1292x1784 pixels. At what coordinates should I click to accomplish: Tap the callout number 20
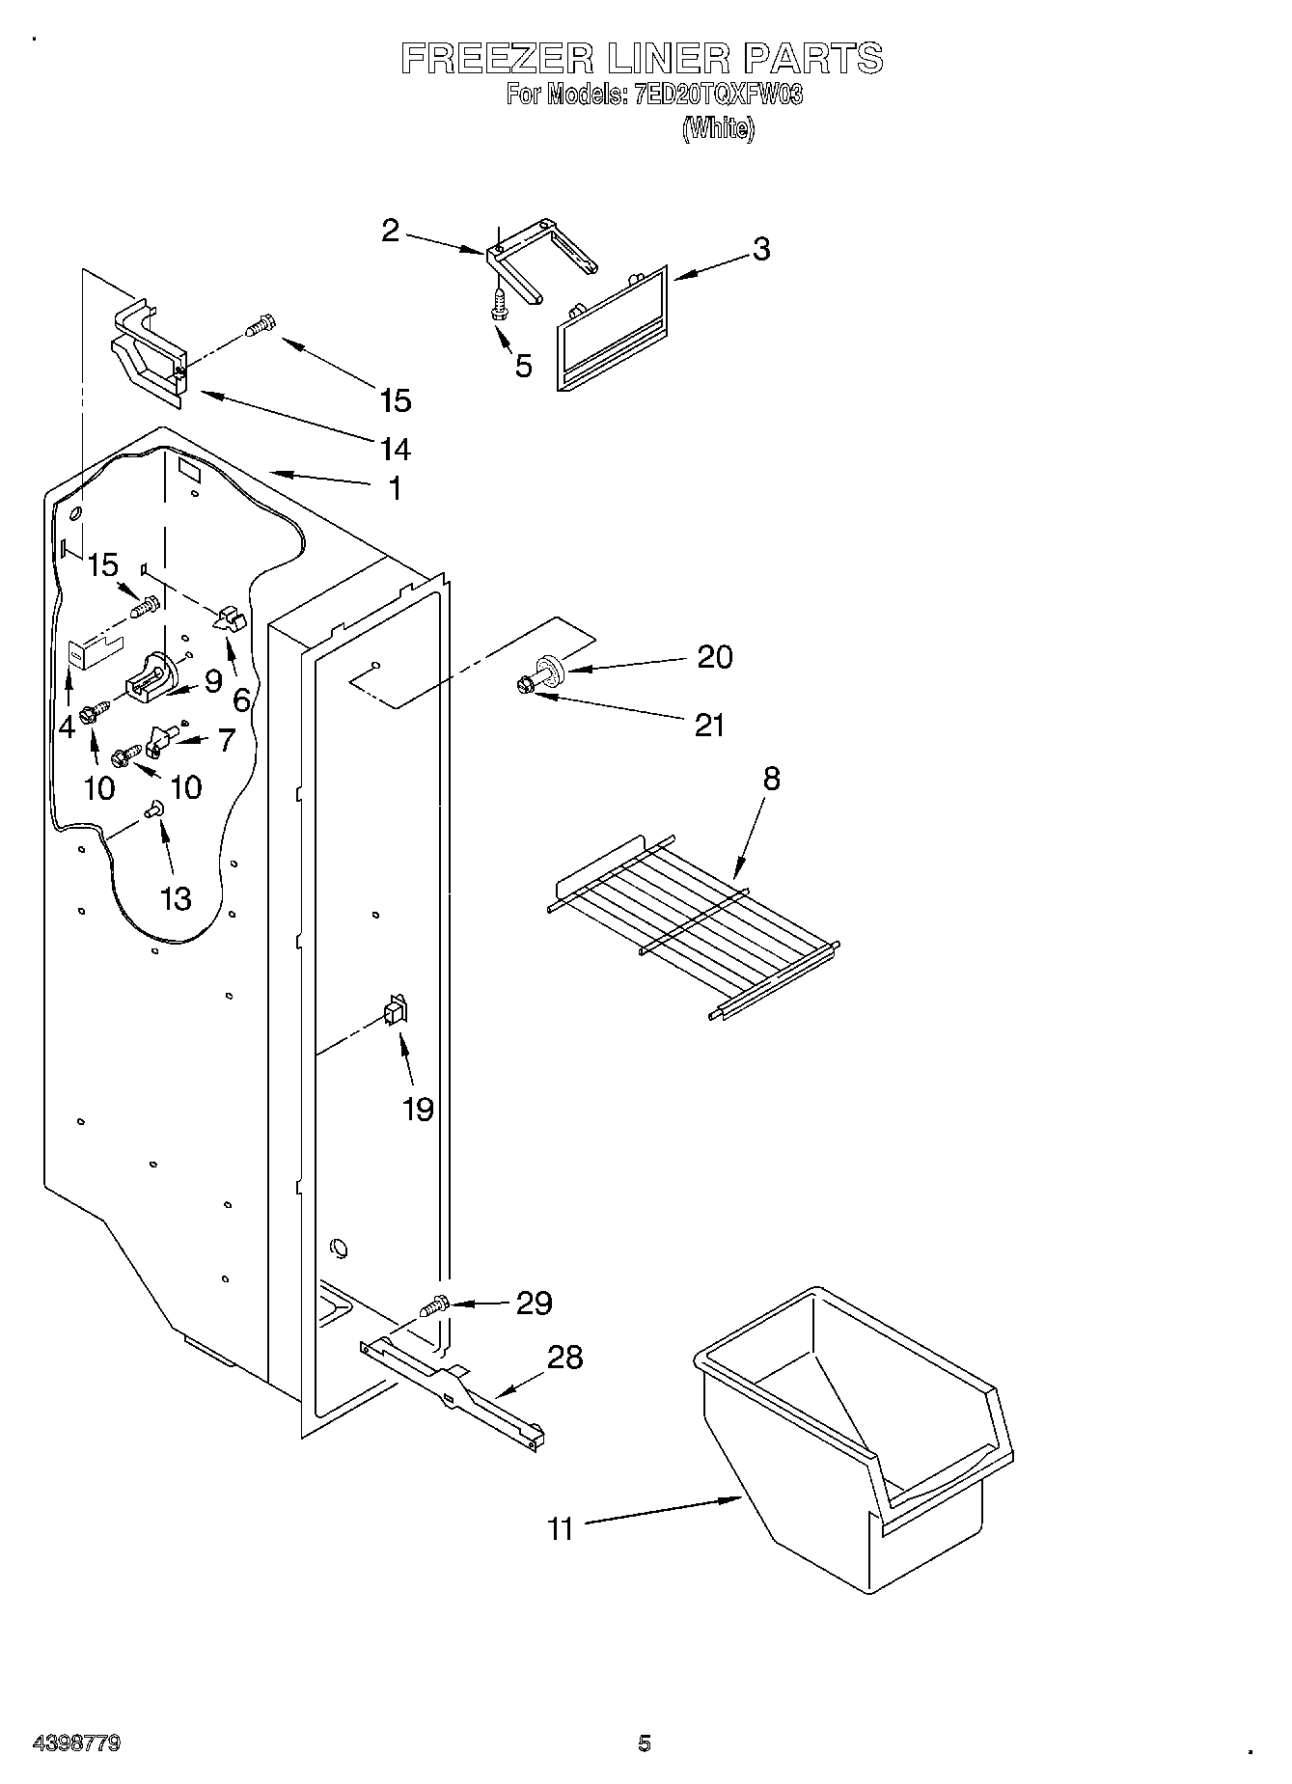pos(714,657)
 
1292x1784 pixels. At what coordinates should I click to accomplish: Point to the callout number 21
pos(709,725)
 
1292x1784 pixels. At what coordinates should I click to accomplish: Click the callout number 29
pos(534,1304)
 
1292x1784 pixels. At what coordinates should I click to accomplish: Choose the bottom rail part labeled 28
pos(454,1390)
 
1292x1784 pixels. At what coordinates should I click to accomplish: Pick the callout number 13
pos(177,898)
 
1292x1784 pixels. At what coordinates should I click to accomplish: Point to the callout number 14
pos(396,449)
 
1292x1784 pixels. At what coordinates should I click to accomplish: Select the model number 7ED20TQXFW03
pos(718,96)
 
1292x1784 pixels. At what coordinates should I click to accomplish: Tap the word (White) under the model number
pos(718,128)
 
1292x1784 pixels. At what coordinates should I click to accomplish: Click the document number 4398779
pos(76,1743)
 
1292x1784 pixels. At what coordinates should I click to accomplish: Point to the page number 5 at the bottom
pos(644,1743)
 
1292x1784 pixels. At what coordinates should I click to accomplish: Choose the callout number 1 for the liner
pos(394,489)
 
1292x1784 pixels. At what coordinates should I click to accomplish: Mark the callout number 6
pos(240,700)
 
